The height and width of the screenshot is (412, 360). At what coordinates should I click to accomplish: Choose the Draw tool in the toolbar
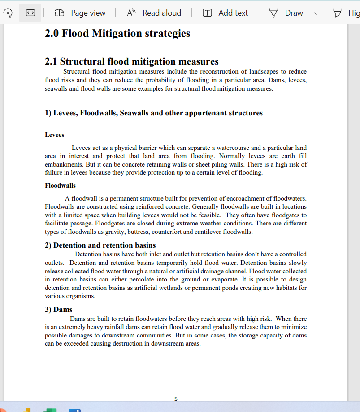coord(287,13)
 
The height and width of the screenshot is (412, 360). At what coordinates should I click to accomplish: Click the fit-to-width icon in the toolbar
coord(30,13)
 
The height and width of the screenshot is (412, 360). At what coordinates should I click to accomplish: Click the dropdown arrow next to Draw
coord(316,13)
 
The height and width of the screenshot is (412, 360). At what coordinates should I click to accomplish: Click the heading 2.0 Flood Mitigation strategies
coord(117,33)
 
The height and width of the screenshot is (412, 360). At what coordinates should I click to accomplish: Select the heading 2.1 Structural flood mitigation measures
coord(132,61)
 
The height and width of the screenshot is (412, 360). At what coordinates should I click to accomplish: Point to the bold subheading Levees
coord(54,135)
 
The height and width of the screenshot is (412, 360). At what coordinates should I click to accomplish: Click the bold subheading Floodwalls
coord(60,185)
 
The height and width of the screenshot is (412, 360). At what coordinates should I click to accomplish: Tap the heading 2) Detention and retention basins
coord(100,245)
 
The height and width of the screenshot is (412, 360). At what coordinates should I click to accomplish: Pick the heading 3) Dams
coord(59,309)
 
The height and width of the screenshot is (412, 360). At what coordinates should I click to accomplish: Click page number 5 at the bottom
coord(176,399)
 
